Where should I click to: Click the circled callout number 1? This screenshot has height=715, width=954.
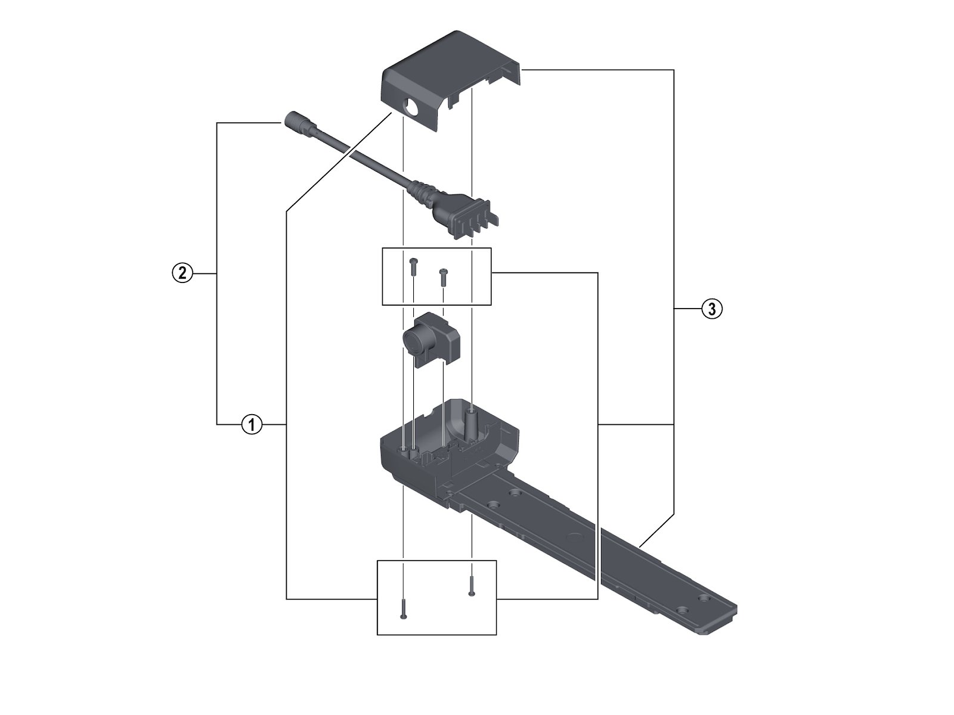coord(252,424)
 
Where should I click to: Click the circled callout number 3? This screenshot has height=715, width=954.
coord(711,309)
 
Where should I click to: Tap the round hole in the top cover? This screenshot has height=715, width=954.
coord(411,110)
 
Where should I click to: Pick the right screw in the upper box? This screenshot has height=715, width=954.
coord(443,275)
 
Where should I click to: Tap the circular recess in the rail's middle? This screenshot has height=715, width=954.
coord(575,536)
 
